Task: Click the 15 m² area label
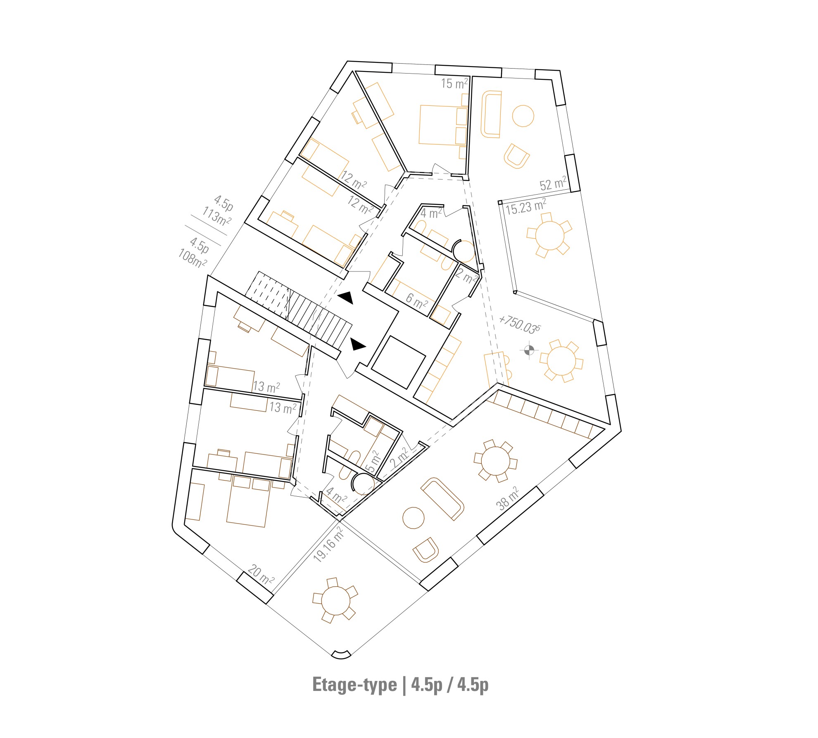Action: pyautogui.click(x=454, y=83)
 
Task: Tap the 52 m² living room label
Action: pyautogui.click(x=553, y=183)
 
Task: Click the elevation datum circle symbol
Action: pyautogui.click(x=529, y=350)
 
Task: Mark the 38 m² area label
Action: pyautogui.click(x=508, y=498)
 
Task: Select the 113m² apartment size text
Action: pyautogui.click(x=216, y=216)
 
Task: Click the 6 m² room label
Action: pyautogui.click(x=416, y=300)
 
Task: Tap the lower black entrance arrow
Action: pyautogui.click(x=358, y=344)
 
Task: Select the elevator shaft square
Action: pyautogui.click(x=398, y=362)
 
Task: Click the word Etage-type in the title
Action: pyautogui.click(x=354, y=685)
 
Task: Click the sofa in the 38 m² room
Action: pyautogui.click(x=442, y=499)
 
